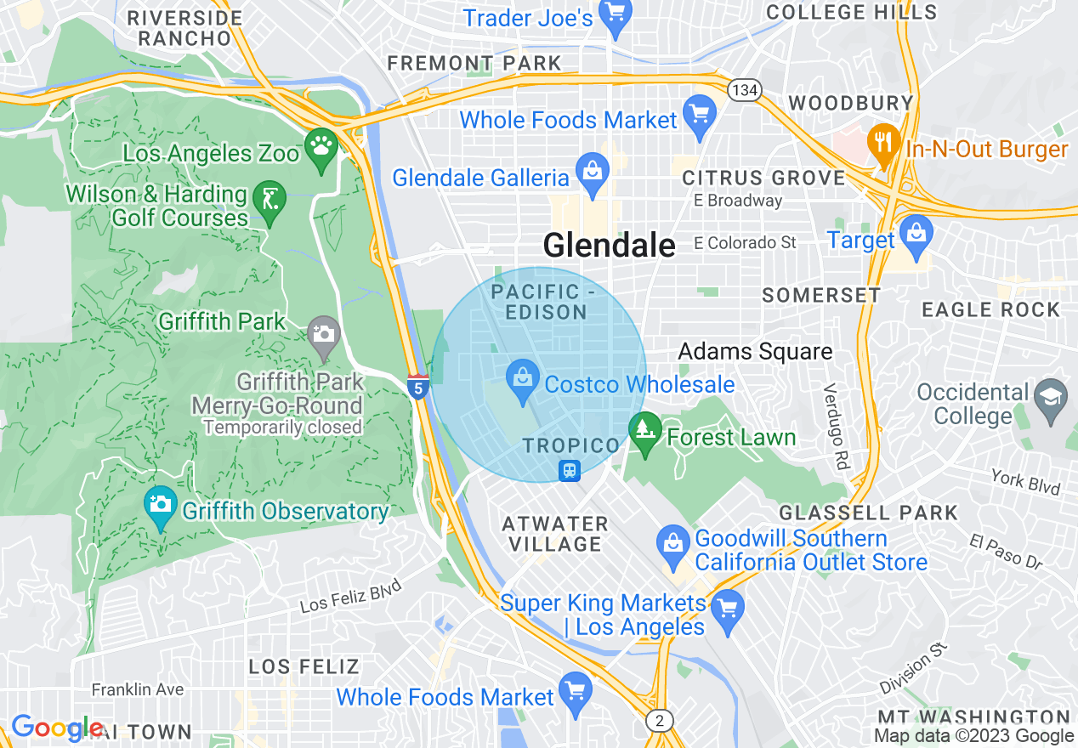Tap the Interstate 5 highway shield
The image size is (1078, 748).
click(x=417, y=386)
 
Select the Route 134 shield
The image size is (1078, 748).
click(x=743, y=90)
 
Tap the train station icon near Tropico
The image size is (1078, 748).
click(x=569, y=470)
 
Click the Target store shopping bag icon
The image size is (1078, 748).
click(x=916, y=235)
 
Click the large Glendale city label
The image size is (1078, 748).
click(x=609, y=246)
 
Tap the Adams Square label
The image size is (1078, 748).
click(x=755, y=351)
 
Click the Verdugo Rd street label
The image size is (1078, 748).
click(x=837, y=426)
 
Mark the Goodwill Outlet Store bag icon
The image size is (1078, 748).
click(x=672, y=545)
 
